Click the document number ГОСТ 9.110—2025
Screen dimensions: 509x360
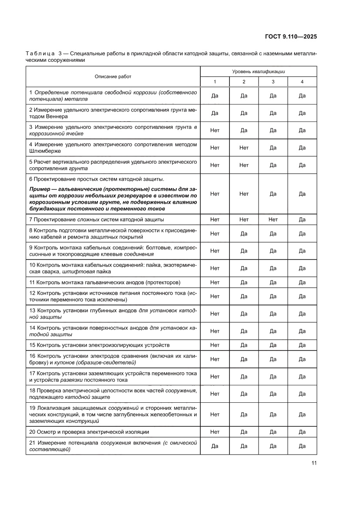(x=290, y=37)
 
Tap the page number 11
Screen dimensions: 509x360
(x=314, y=463)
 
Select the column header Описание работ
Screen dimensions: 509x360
(x=113, y=77)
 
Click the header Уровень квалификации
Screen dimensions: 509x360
(x=259, y=71)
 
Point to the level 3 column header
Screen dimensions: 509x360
(x=273, y=82)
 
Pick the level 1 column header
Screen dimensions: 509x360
(x=215, y=82)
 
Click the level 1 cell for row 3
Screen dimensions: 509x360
(x=215, y=130)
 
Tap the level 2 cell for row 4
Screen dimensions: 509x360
(x=244, y=148)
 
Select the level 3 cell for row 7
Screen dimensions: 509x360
(x=273, y=220)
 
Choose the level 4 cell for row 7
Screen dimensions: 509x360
(x=302, y=220)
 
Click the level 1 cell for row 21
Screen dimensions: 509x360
(x=215, y=446)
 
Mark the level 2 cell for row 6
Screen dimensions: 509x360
(x=244, y=194)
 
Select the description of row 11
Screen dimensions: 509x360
(x=105, y=282)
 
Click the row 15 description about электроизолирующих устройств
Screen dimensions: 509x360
(x=99, y=345)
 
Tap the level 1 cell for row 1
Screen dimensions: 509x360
(x=215, y=96)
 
